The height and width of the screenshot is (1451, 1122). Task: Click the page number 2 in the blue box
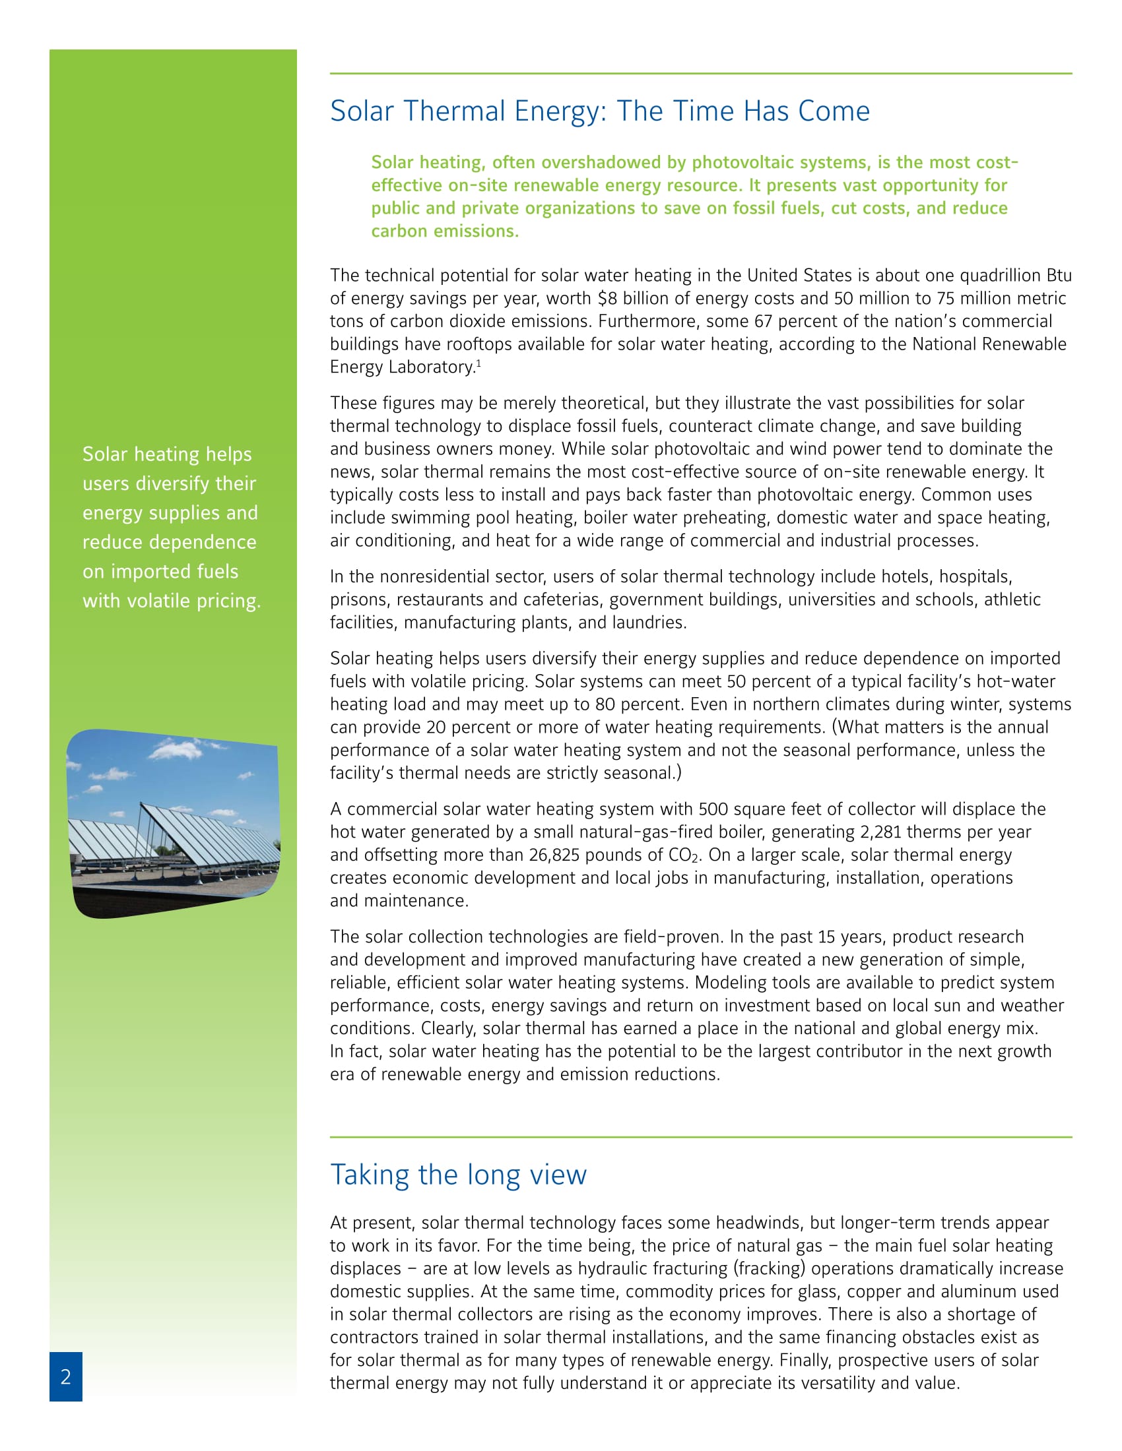[x=66, y=1376]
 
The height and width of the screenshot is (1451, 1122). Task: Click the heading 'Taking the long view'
[x=458, y=1175]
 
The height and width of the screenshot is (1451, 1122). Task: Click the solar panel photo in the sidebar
[x=174, y=824]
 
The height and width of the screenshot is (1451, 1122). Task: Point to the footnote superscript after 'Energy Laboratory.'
[x=478, y=363]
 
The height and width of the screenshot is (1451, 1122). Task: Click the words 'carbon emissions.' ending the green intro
[x=445, y=232]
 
